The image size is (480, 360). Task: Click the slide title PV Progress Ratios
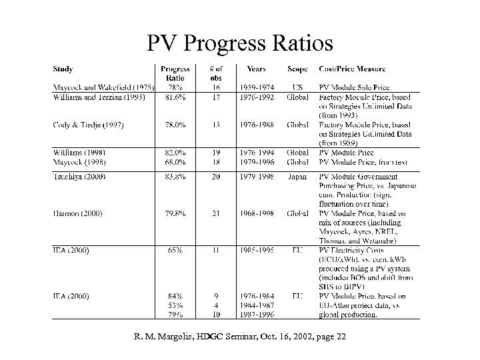click(239, 44)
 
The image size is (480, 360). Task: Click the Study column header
click(63, 69)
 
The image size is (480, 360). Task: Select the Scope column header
click(297, 69)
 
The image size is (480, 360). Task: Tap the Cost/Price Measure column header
click(352, 69)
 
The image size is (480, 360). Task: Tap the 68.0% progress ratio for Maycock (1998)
click(175, 161)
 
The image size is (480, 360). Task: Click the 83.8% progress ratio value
click(175, 176)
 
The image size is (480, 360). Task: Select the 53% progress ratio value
click(175, 305)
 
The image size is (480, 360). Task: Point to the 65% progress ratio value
click(175, 251)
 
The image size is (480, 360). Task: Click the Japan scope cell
click(297, 176)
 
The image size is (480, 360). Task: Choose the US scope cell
click(297, 87)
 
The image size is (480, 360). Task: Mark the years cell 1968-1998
click(256, 213)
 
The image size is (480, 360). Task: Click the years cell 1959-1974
click(256, 87)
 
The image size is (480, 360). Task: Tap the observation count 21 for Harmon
click(215, 213)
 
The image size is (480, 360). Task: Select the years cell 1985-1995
click(256, 251)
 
